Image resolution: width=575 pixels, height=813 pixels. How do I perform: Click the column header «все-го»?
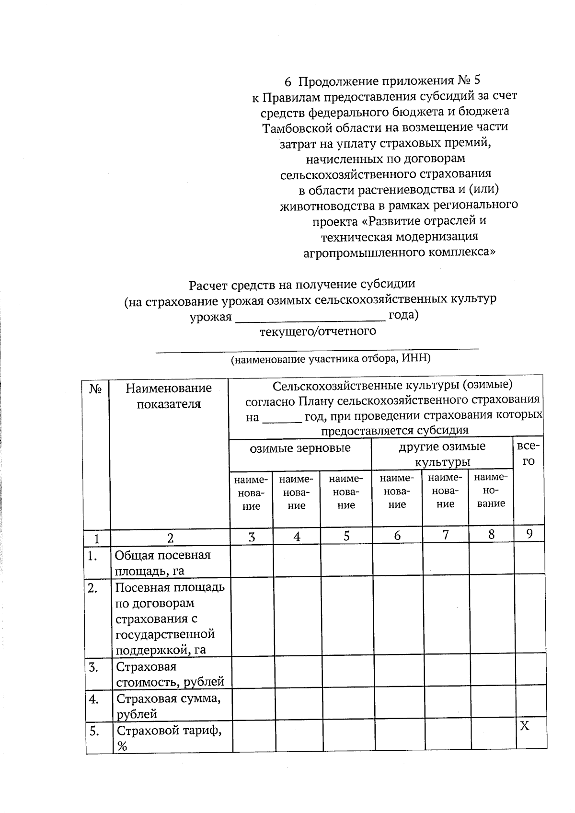(x=528, y=454)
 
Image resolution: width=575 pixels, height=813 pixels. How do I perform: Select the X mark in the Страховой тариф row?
(x=525, y=727)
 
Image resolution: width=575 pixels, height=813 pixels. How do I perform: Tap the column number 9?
(x=529, y=533)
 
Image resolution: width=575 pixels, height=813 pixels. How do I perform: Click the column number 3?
(x=252, y=537)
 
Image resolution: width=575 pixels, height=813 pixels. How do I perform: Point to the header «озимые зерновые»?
(x=300, y=448)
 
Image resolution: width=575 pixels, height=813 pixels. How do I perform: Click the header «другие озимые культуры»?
(x=442, y=454)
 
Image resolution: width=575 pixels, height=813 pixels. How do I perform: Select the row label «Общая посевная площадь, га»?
(x=163, y=563)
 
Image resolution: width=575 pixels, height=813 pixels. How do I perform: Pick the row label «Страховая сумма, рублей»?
(x=168, y=706)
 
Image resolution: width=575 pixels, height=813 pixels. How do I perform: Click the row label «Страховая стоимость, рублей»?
(x=170, y=674)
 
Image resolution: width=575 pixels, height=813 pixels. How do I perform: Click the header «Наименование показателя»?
(x=169, y=396)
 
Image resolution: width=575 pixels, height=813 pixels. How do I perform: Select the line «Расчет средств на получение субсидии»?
(x=302, y=285)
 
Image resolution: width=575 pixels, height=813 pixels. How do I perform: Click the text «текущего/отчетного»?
(x=318, y=331)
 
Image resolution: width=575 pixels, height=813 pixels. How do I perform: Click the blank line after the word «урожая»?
(x=310, y=318)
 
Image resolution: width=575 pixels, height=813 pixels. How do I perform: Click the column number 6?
(x=397, y=536)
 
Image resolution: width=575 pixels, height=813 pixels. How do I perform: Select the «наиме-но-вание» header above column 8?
(x=490, y=490)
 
